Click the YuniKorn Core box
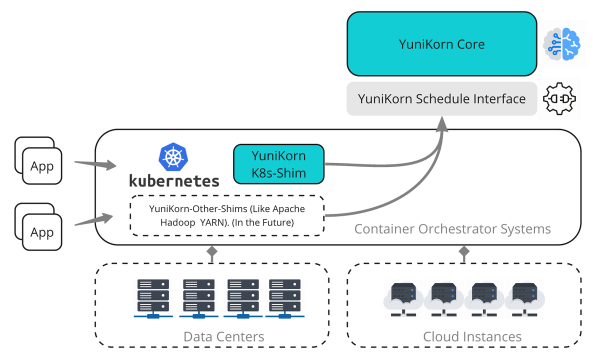point(442,44)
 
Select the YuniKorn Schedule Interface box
point(442,99)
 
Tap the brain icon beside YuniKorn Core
point(561,44)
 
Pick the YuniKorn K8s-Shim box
point(278,164)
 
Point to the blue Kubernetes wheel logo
point(173,156)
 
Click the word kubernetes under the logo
point(174,180)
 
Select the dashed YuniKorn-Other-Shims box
point(227,215)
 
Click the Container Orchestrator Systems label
point(452,229)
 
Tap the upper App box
point(42,165)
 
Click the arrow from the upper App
point(95,164)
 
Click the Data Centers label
point(223,336)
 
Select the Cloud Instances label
point(472,336)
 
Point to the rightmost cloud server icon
point(524,299)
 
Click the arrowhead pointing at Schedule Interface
point(442,123)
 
